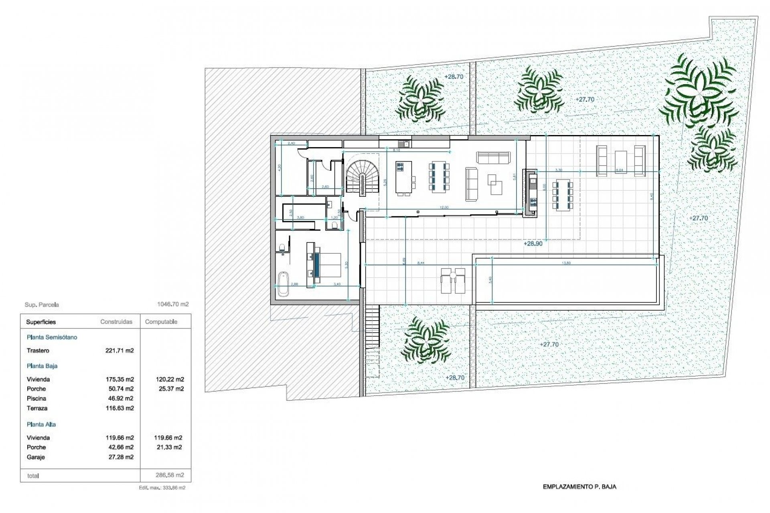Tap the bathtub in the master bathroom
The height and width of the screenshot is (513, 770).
283,284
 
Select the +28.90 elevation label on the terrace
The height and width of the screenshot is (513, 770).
533,244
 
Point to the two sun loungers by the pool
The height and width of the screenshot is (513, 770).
453,281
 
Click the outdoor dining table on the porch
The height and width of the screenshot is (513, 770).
563,196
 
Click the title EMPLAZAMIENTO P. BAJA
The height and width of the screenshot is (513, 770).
579,487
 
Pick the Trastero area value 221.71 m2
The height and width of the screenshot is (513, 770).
119,351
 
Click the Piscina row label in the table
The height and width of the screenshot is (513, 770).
36,398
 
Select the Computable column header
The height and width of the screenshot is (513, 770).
161,322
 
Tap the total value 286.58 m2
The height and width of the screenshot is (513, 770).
170,475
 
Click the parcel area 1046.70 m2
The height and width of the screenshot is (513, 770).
172,304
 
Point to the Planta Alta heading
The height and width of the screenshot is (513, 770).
41,424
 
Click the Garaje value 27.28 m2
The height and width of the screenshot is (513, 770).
119,457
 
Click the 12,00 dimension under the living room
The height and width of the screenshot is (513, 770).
444,208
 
